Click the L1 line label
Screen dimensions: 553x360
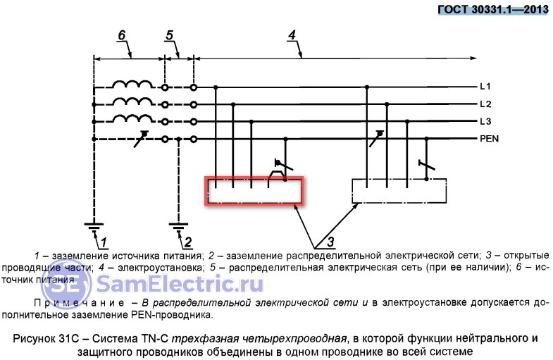[485, 87]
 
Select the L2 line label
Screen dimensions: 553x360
[485, 104]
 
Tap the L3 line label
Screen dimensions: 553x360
[485, 121]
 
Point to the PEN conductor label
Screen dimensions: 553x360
[489, 139]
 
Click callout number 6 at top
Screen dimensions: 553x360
[121, 35]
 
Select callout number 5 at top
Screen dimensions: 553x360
[169, 35]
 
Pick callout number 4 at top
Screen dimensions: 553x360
[291, 35]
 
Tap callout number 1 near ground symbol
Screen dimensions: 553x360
[103, 242]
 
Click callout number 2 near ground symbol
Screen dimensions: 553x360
[188, 242]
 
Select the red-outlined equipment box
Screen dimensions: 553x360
[254, 191]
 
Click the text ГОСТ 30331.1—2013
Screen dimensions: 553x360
[492, 9]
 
